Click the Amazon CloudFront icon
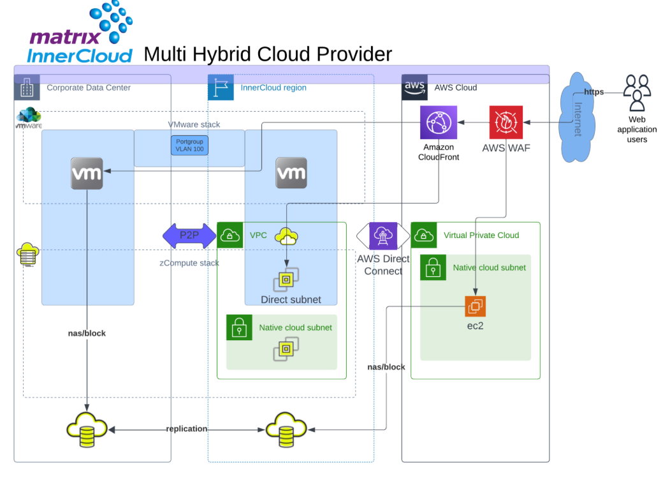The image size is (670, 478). pos(439,123)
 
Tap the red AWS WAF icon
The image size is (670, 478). pos(506,123)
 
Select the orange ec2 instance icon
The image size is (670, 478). pos(475,306)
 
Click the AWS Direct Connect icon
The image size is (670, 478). pos(382,236)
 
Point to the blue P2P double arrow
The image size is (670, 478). pos(189,236)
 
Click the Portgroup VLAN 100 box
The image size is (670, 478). pos(189,146)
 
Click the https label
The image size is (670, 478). pos(594,92)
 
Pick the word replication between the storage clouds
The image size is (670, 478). pos(187,429)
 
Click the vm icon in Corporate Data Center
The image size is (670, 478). pos(87,173)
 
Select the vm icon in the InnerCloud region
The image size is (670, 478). pos(291,173)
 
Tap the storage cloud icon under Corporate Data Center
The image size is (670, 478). pos(87,429)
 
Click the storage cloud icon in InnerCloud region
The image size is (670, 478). pos(286,429)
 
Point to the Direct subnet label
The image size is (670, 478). pos(291,299)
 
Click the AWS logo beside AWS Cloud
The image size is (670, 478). pos(414,87)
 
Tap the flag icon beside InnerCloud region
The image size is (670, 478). pos(221,87)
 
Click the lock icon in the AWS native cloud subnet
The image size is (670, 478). pos(433,267)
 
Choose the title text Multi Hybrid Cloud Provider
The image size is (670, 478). pos(268,54)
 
